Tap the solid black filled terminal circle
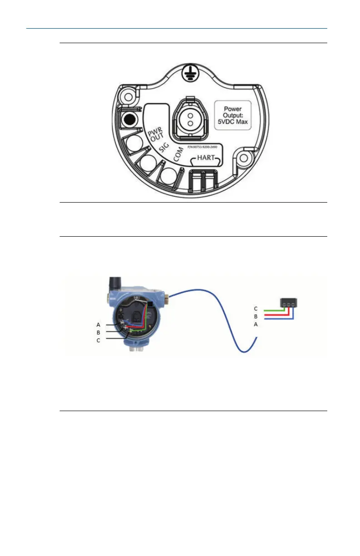tap(130, 120)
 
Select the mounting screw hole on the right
tap(244, 158)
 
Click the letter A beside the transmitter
tap(98, 325)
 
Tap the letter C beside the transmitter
tap(98, 340)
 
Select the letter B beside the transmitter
tap(98, 333)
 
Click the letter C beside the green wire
tap(255, 309)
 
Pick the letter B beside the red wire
tap(255, 316)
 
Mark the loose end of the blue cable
tap(257, 339)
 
